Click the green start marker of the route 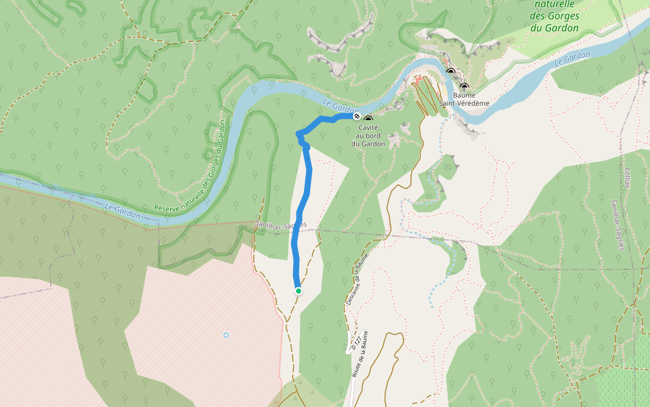point(299,291)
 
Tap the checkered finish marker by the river point(357,116)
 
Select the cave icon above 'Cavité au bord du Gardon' point(368,119)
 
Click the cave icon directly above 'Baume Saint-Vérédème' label point(464,87)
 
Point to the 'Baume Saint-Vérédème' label point(464,99)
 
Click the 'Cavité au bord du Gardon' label point(368,135)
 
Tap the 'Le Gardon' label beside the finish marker point(340,106)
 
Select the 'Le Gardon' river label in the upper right point(572,58)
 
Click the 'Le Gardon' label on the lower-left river point(123,210)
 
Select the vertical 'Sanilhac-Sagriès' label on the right point(615,225)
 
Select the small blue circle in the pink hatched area point(226,335)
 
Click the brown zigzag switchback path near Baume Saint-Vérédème point(425,95)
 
